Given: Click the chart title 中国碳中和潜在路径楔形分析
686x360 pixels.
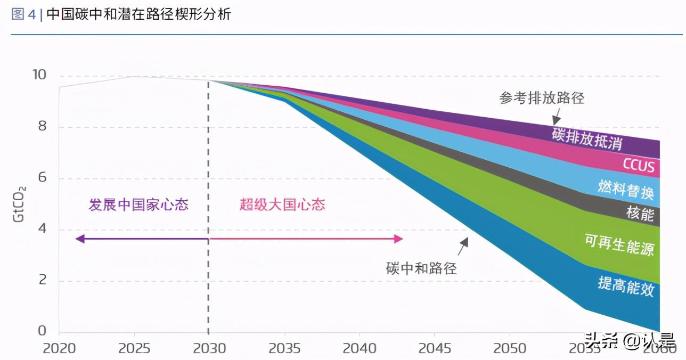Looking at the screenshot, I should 138,14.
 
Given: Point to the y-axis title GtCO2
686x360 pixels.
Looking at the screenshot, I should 20,204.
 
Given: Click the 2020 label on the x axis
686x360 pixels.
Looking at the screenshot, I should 59,349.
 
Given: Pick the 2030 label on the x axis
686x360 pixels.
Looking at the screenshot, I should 208,349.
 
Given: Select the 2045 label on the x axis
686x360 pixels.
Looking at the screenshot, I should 434,349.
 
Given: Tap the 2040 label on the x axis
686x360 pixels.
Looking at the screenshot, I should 359,349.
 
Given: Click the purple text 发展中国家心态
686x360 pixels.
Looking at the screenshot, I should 138,205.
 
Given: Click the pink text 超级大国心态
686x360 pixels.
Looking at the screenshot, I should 282,205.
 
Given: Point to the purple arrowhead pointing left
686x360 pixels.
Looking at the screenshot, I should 80,239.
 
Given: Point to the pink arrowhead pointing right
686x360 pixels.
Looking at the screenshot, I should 398,239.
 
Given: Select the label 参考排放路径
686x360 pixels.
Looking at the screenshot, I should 542,98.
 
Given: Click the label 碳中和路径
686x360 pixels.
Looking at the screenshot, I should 421,268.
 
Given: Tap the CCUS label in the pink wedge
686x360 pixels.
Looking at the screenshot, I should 639,166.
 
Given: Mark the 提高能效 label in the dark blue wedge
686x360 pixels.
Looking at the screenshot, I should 626,287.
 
